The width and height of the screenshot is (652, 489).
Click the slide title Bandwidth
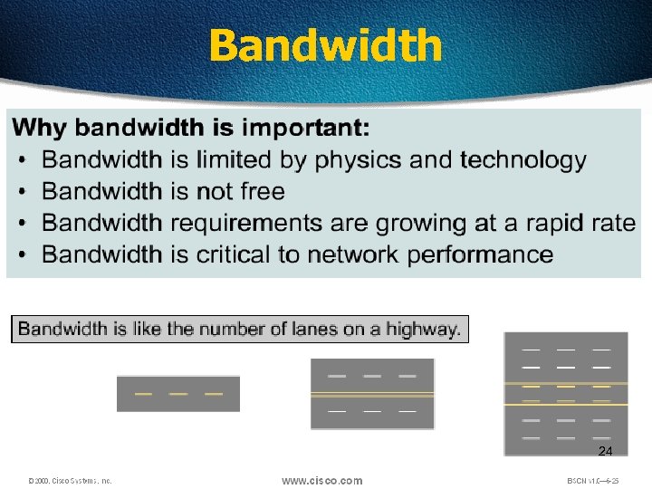[326, 45]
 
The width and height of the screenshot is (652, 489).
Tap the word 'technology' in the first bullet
[523, 160]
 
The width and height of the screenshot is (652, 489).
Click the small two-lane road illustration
[178, 394]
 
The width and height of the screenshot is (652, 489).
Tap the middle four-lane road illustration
[372, 394]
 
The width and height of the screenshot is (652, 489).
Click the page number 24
[605, 451]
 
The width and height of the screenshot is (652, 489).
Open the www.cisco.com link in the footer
[321, 481]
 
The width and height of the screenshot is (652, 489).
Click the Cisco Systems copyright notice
[70, 481]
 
